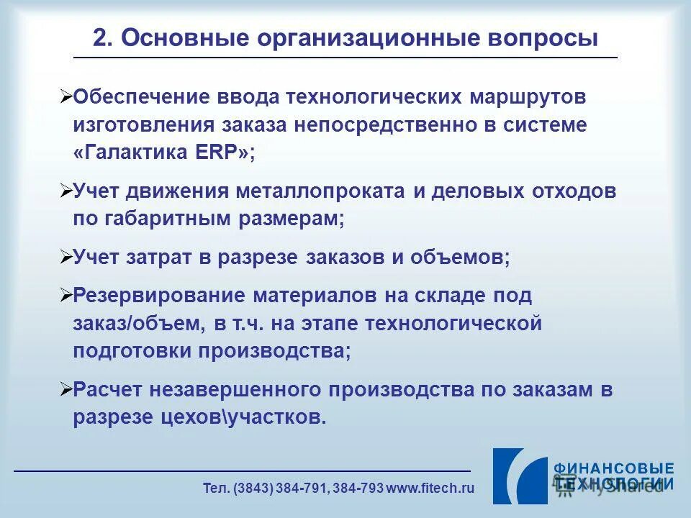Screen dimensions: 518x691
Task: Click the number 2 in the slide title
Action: coord(101,38)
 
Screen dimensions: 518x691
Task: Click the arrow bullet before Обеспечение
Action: coord(66,96)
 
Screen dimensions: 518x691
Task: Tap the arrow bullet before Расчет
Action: coord(66,390)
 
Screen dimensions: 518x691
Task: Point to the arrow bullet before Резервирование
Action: coord(66,295)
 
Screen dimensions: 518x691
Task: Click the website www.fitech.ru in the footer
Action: coord(430,489)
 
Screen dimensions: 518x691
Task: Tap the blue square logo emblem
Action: coord(520,476)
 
